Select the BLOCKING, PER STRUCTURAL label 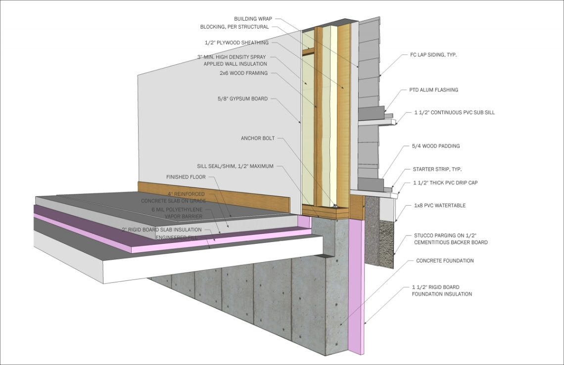coord(235,27)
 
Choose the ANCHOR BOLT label coord(258,138)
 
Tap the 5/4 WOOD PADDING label coord(436,146)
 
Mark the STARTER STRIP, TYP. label coord(437,169)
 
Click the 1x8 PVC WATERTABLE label coord(440,205)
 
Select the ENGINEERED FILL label coord(179,237)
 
